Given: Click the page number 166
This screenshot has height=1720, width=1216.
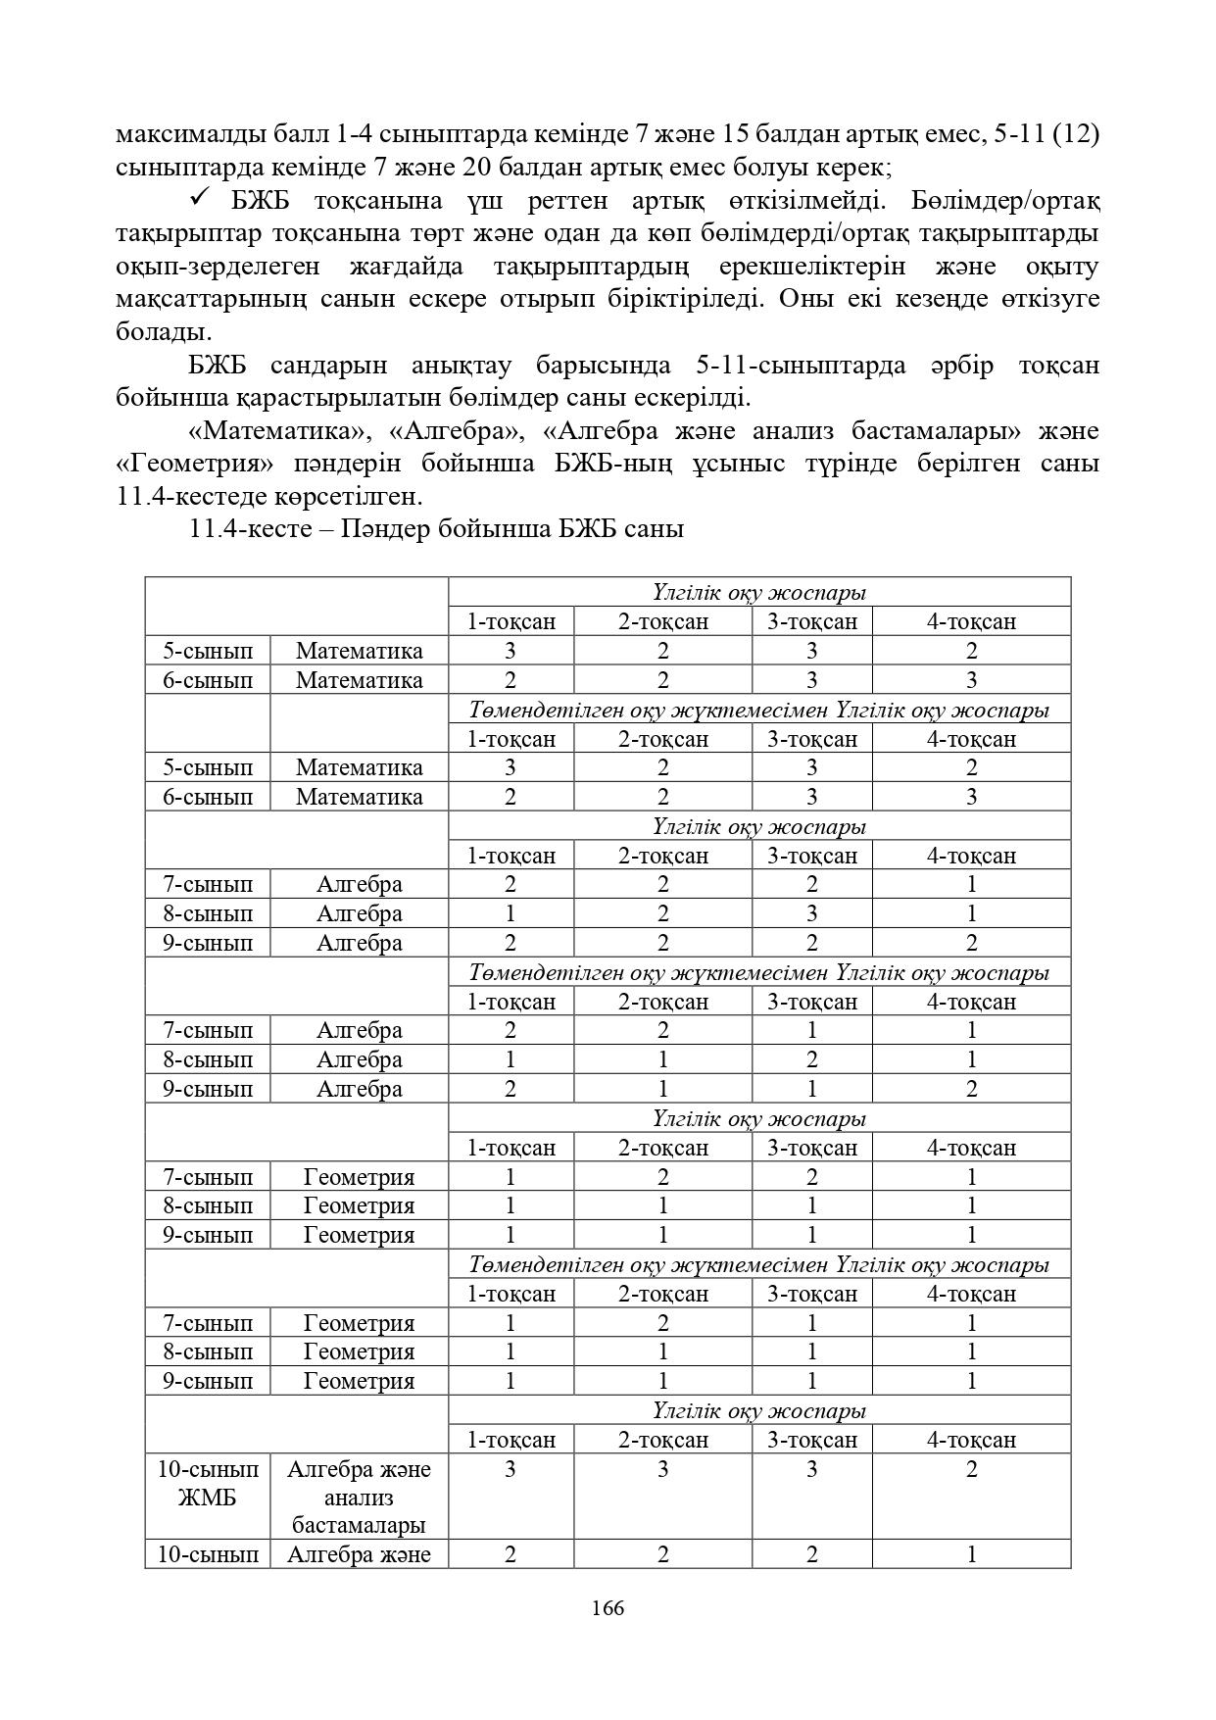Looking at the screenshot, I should point(608,1608).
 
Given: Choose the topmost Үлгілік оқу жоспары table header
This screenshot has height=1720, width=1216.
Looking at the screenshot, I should point(758,593).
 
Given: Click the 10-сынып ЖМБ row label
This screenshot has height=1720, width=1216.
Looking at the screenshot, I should point(208,1483).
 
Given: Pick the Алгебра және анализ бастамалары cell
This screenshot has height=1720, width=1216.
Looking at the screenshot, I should point(359,1497).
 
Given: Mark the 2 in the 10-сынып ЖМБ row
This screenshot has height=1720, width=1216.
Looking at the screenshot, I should point(971,1469).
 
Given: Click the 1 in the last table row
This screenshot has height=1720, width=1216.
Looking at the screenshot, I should point(971,1554).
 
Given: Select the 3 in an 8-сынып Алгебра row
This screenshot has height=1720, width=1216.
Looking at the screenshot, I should point(811,913).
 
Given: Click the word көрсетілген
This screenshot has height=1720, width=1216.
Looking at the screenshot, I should point(336,496).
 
